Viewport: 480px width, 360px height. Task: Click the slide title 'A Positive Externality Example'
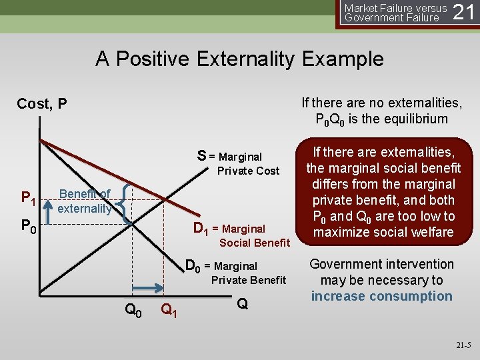(239, 59)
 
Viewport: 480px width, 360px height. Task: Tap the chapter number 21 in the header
(464, 12)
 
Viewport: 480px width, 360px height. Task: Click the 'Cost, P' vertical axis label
(42, 103)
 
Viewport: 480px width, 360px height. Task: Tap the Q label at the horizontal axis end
(243, 304)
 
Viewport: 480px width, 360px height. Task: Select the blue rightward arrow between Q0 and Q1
(151, 288)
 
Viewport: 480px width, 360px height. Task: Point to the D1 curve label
(201, 229)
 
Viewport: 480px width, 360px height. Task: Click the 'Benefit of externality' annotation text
(85, 201)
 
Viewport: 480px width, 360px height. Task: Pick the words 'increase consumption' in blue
(381, 297)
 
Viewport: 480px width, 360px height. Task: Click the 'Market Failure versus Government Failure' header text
(395, 13)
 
